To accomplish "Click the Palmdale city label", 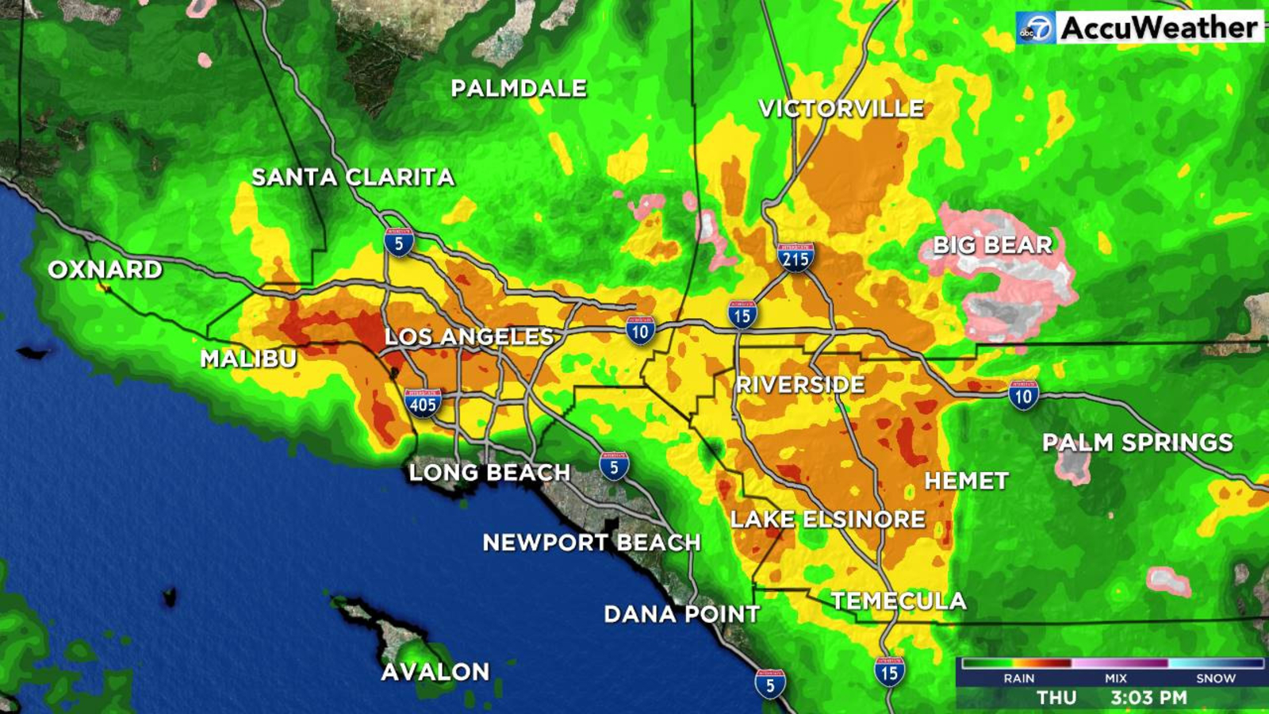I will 519,88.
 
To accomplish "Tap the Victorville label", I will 841,109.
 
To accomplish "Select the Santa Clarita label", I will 353,177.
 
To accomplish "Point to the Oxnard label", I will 105,270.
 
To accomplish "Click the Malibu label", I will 248,359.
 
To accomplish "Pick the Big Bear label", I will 992,245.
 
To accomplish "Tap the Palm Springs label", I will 1137,443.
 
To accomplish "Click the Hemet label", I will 966,481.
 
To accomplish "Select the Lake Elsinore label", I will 827,520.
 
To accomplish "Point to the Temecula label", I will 899,601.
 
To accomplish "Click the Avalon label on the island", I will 435,672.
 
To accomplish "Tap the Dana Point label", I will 681,614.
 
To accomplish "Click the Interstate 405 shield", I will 422,404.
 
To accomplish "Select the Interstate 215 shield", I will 795,258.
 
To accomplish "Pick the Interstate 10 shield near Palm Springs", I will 1023,395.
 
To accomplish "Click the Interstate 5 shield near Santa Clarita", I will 399,242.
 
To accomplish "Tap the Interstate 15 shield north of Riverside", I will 742,315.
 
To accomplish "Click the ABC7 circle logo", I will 1035,29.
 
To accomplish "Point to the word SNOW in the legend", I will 1215,678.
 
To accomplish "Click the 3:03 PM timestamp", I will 1148,698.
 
